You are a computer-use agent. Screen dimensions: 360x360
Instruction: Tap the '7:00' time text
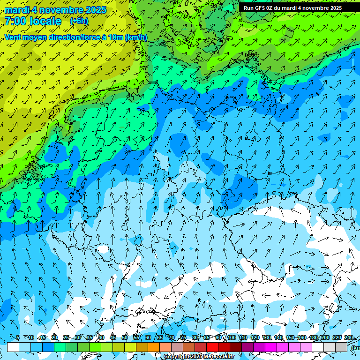[15, 21]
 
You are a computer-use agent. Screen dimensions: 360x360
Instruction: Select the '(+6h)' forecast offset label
[79, 21]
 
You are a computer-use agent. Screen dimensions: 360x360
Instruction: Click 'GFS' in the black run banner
[260, 8]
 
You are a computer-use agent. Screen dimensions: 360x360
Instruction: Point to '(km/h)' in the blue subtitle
[136, 37]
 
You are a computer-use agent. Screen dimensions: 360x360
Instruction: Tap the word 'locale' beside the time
[45, 21]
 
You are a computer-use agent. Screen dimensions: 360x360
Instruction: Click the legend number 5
[18, 338]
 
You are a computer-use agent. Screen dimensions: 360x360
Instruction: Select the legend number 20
[54, 338]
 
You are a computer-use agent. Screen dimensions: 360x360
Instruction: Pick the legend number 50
[125, 338]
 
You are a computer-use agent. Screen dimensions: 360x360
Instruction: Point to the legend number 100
[232, 338]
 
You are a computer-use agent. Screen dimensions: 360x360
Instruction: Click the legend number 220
[337, 338]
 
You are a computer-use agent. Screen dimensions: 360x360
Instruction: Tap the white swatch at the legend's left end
[13, 347]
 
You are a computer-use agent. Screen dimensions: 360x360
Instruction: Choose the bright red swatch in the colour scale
[212, 347]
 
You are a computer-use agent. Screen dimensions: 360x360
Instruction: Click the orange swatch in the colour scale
[154, 347]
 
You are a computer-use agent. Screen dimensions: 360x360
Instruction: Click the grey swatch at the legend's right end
[341, 347]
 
